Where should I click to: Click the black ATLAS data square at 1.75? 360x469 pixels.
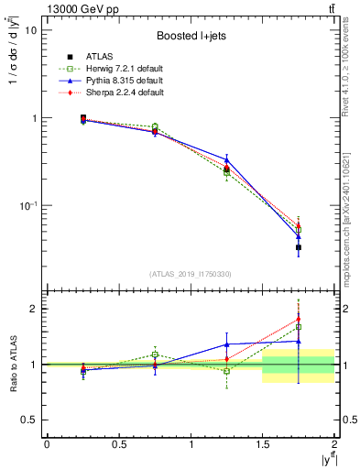pos(299,247)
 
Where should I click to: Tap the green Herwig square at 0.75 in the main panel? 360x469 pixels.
pos(155,126)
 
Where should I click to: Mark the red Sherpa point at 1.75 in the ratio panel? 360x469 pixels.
pos(299,320)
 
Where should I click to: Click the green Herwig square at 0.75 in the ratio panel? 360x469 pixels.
pos(155,354)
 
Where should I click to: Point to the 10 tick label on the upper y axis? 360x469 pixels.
pos(30,30)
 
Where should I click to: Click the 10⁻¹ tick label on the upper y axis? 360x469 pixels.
pos(27,206)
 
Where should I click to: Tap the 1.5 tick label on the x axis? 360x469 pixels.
pos(263,444)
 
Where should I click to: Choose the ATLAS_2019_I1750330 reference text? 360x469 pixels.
pos(191,274)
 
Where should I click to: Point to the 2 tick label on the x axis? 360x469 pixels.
pos(334,444)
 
